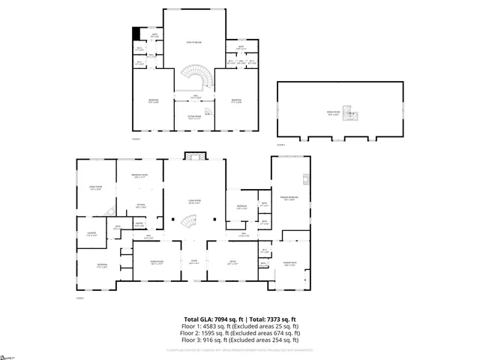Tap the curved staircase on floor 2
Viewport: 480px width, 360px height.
[x=196, y=78]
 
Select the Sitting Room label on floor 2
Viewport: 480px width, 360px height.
[x=194, y=116]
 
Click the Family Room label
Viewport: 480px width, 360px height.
[x=95, y=187]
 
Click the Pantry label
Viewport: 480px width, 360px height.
[x=139, y=223]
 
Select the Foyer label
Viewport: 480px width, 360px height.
[x=193, y=261]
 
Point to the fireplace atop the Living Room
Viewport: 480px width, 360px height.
[x=193, y=155]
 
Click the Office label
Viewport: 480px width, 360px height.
[x=232, y=262]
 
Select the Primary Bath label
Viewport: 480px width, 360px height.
[x=289, y=262]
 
